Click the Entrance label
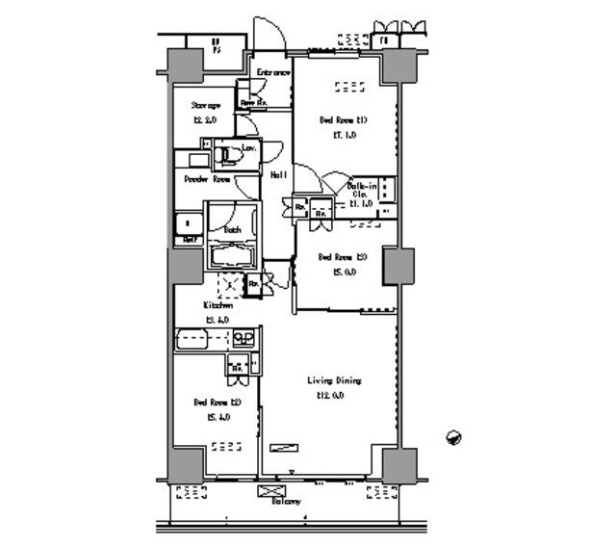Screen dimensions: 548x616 click(272, 73)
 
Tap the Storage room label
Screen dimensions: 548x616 click(206, 105)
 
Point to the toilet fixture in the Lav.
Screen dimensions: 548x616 click(227, 152)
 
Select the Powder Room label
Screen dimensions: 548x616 click(207, 179)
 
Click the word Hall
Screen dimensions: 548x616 click(277, 174)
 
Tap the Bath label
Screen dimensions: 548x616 click(232, 230)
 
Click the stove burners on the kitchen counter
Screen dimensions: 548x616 click(244, 338)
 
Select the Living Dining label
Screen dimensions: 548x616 click(334, 381)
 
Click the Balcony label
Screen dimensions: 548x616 click(285, 502)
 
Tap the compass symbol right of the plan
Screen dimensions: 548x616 click(454, 437)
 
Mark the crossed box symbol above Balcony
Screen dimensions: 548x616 click(267, 490)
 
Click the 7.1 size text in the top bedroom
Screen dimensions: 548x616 click(344, 136)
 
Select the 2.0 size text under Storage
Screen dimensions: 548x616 click(206, 119)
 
